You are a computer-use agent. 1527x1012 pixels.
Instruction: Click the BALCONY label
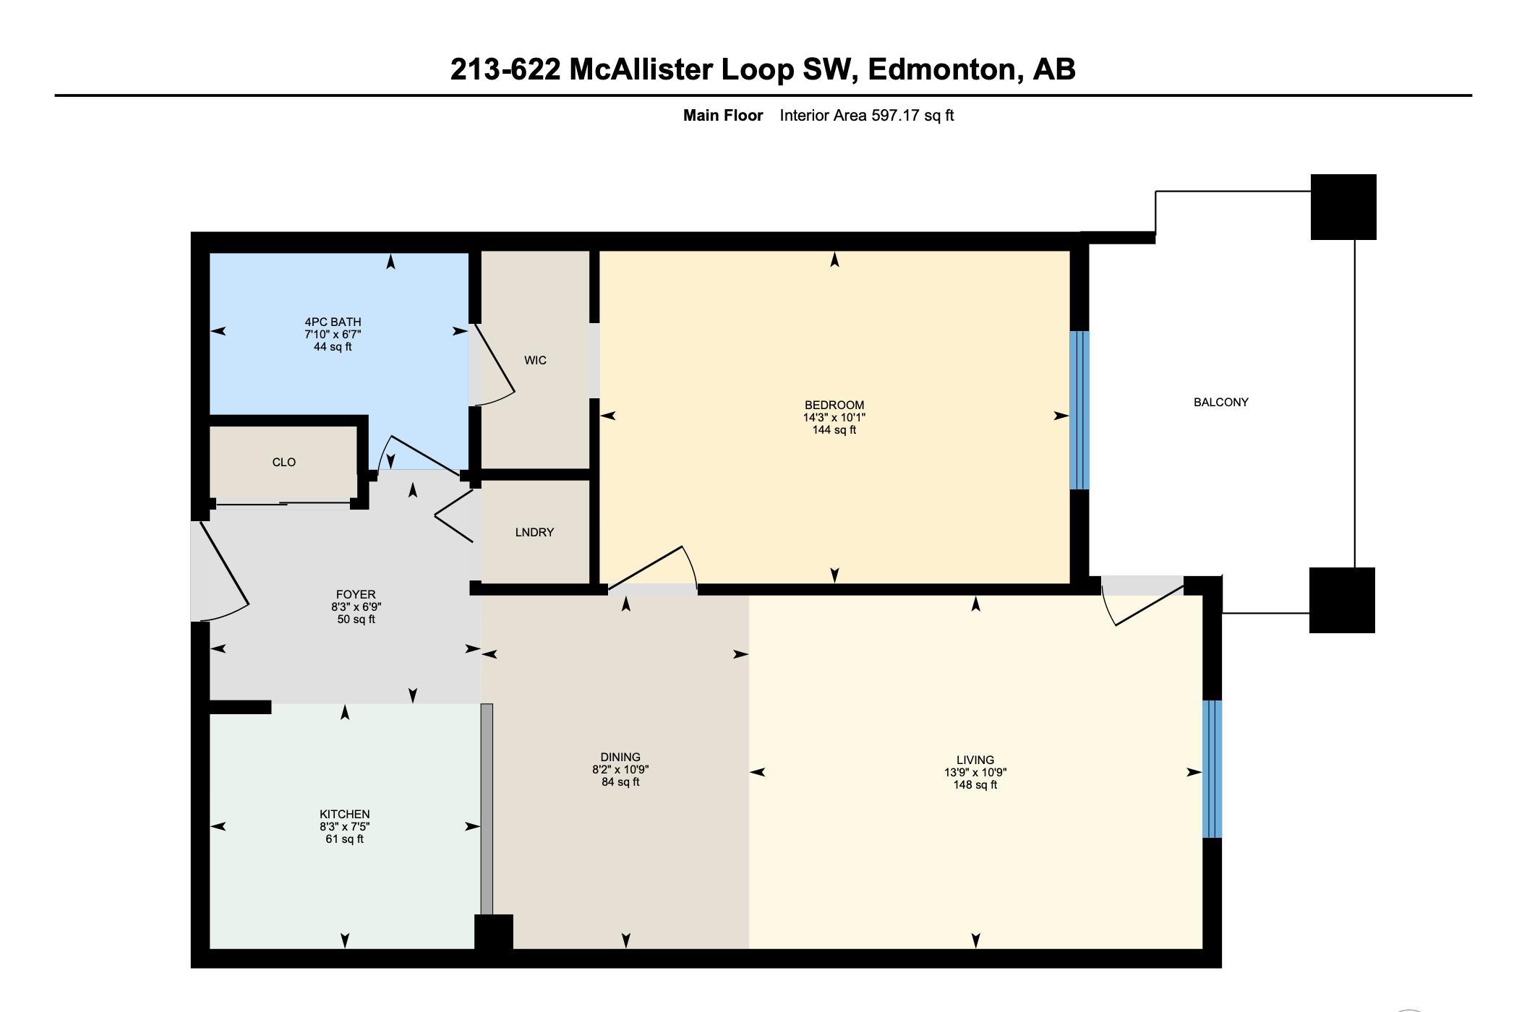pos(1220,402)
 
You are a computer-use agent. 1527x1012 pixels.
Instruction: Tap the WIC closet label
pos(535,360)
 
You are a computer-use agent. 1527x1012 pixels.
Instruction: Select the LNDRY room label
pos(534,532)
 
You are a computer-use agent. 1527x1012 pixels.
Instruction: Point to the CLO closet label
pos(284,462)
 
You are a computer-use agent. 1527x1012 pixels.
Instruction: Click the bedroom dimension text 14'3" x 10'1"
pos(834,417)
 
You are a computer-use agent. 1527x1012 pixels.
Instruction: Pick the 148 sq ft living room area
pos(975,784)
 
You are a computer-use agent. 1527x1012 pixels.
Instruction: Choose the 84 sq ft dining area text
pos(620,781)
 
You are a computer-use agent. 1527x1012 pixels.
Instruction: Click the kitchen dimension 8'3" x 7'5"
pos(345,826)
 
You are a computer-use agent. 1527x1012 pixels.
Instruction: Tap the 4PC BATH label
pos(333,322)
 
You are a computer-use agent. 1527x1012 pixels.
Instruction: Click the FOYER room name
pos(356,595)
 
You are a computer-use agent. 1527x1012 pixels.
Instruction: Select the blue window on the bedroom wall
pos(1079,410)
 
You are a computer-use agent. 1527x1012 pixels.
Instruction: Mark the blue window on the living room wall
pos(1212,768)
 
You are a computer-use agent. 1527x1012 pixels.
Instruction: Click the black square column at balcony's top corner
pos(1343,207)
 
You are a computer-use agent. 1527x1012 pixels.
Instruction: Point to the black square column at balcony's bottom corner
pos(1342,600)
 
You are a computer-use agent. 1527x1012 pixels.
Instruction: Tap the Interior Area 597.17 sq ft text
pos(867,115)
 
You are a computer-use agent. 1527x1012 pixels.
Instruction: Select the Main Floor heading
pos(723,115)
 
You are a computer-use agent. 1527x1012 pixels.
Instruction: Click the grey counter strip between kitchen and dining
pos(487,809)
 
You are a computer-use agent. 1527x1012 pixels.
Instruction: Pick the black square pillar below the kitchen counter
pos(494,932)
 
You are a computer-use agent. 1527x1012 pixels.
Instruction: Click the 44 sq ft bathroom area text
pos(333,346)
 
